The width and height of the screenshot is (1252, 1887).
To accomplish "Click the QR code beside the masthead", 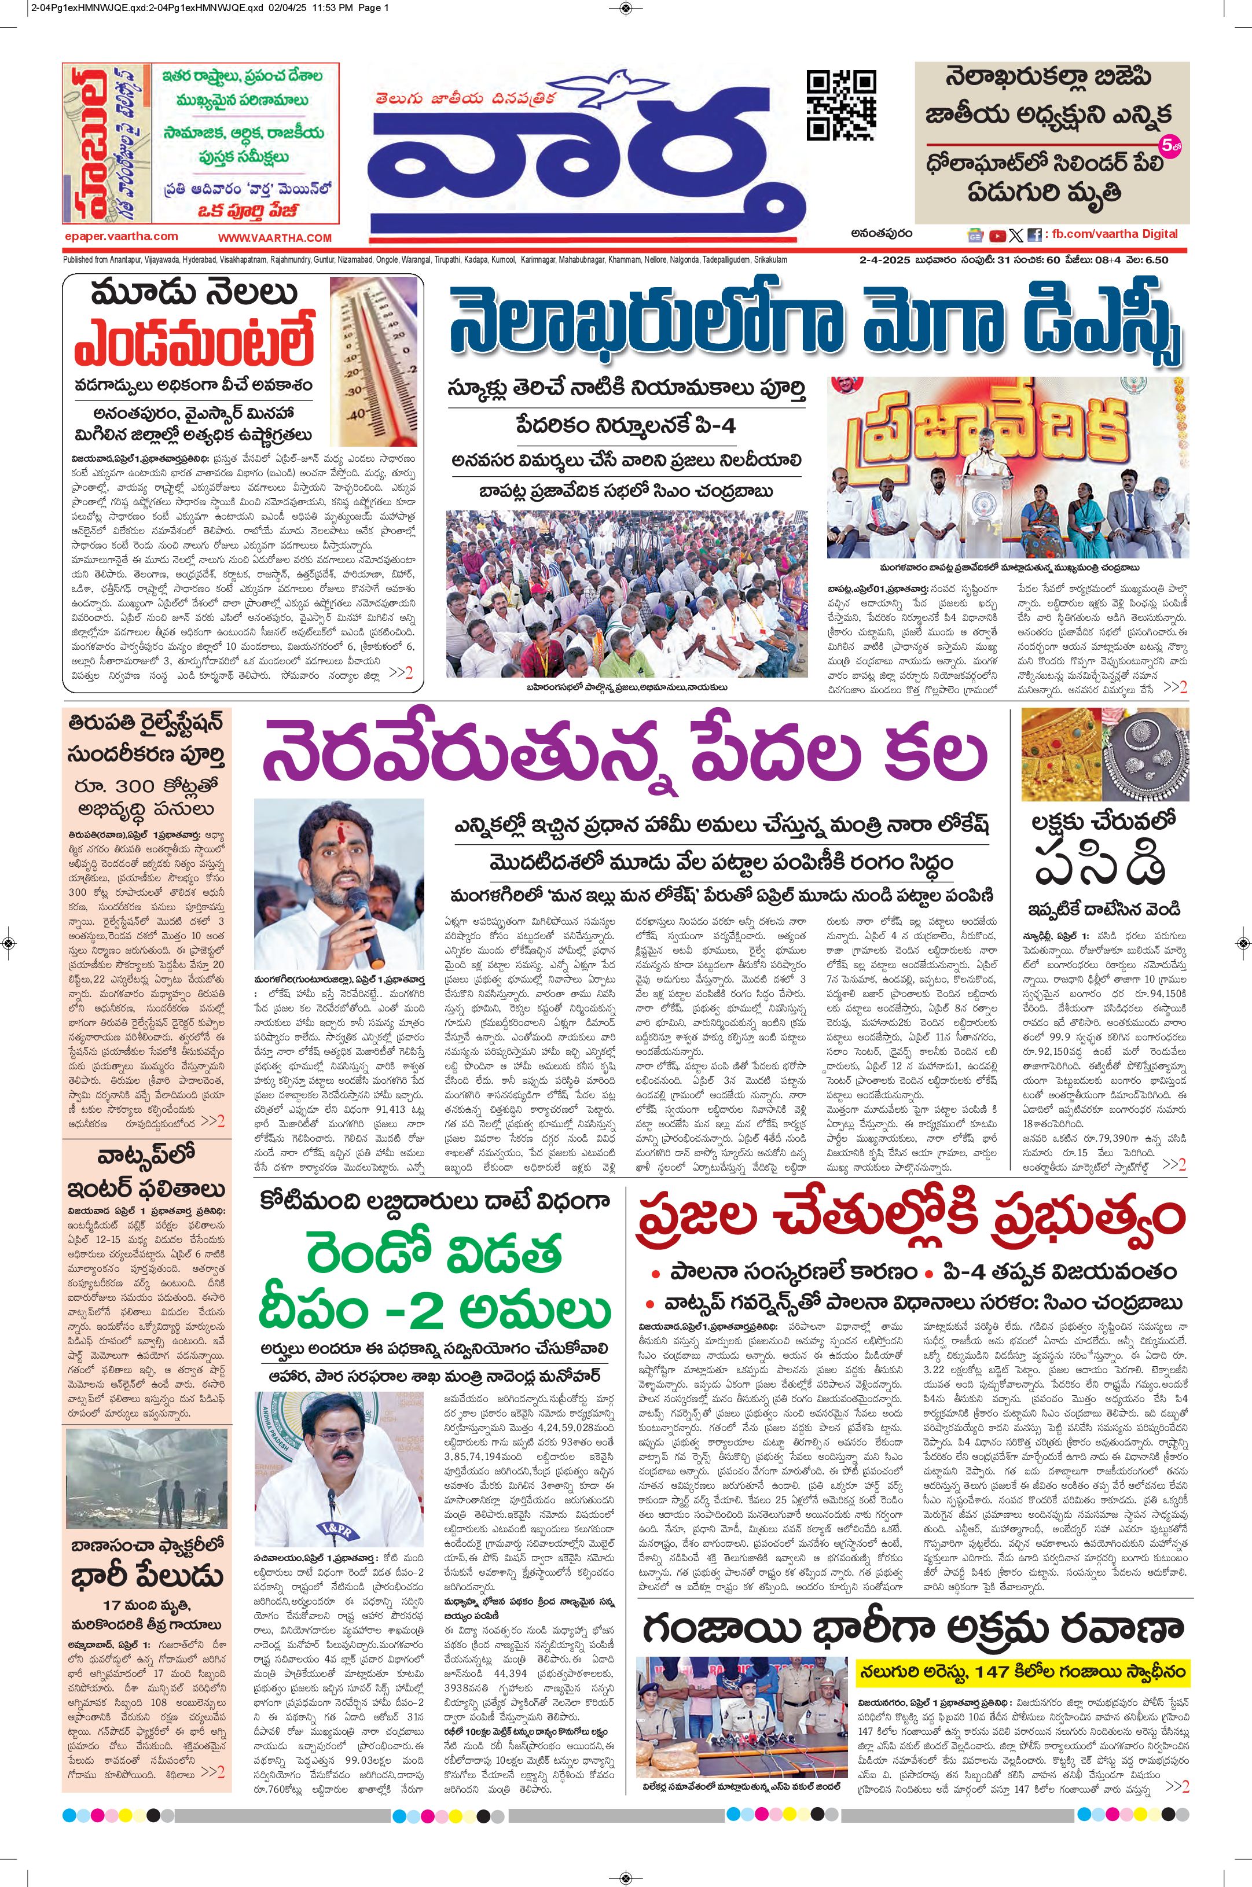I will pyautogui.click(x=842, y=105).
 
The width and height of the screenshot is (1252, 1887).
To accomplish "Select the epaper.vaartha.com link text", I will pyautogui.click(x=122, y=236).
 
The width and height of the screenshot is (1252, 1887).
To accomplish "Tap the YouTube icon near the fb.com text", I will pyautogui.click(x=997, y=236).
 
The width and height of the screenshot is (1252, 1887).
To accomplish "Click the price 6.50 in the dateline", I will pyautogui.click(x=1155, y=259).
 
